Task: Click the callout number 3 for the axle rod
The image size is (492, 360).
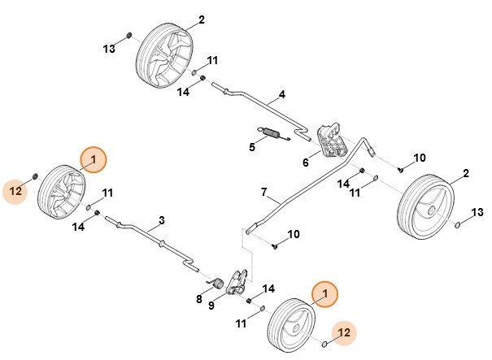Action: click(161, 219)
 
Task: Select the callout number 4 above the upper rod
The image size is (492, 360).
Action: click(281, 95)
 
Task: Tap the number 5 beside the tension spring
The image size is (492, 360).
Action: click(252, 147)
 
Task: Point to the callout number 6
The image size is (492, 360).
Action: click(306, 163)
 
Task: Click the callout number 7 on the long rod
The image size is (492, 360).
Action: click(263, 192)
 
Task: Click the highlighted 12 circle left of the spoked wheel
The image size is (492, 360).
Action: click(15, 192)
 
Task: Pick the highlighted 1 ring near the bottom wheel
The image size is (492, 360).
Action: click(325, 293)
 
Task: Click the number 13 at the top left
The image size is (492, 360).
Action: click(110, 49)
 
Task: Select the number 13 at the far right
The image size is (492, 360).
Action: click(477, 211)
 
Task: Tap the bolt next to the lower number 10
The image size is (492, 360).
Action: click(276, 244)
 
